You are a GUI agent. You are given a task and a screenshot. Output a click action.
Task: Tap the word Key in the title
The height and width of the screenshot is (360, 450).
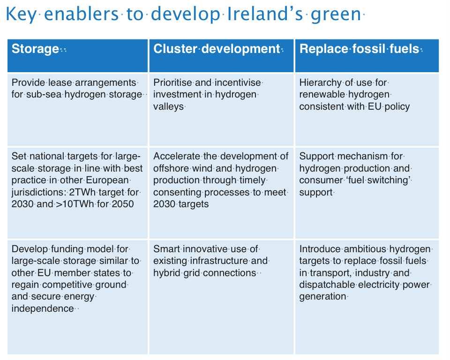21,15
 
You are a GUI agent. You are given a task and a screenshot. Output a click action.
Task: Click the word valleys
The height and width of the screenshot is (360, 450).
168,106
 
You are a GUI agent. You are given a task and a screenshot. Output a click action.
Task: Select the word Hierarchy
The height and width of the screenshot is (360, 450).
320,82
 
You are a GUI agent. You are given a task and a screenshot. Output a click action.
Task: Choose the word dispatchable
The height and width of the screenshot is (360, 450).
327,285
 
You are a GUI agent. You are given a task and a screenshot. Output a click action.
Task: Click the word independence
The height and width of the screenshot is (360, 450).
43,308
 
